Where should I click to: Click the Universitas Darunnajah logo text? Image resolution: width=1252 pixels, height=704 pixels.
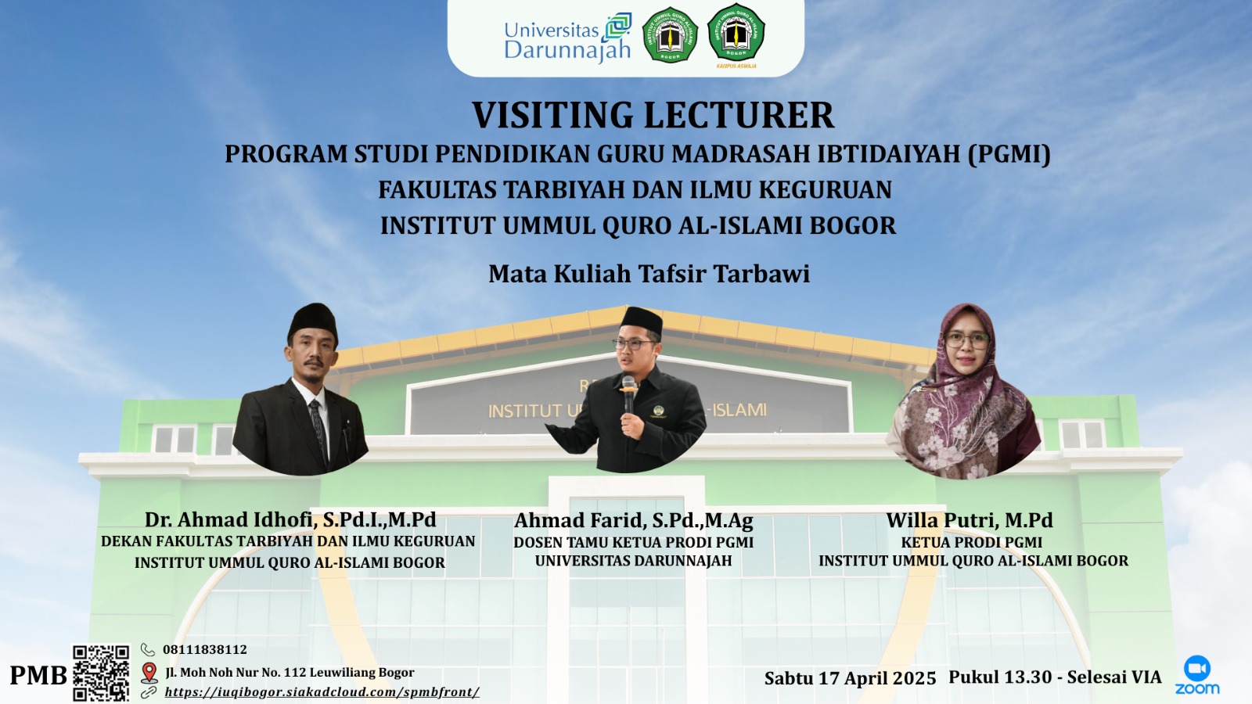(567, 40)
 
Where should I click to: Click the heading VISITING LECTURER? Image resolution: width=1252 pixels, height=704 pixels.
(653, 115)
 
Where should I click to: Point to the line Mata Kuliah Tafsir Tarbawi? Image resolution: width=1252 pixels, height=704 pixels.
(649, 274)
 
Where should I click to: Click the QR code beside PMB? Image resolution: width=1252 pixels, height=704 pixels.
(101, 673)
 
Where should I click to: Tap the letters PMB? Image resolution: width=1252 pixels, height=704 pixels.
(38, 675)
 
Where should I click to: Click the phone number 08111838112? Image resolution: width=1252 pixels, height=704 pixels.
(204, 649)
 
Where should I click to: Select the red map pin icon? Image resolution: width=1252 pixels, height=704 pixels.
(149, 673)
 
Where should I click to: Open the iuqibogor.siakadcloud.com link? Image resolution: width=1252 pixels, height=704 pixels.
(322, 691)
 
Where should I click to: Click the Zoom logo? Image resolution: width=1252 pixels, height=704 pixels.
(1196, 676)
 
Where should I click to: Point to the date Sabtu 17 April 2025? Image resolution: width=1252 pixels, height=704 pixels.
(850, 677)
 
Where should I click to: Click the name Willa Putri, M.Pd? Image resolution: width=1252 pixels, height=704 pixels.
(970, 520)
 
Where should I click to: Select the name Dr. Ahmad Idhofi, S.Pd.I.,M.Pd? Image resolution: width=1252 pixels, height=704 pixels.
(290, 519)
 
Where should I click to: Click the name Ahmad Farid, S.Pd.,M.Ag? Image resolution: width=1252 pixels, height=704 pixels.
(633, 521)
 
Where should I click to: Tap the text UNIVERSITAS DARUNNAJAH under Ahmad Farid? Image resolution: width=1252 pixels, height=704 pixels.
(633, 560)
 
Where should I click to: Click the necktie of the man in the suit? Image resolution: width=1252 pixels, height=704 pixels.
(318, 429)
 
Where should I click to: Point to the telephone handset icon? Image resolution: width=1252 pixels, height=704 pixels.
(148, 649)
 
